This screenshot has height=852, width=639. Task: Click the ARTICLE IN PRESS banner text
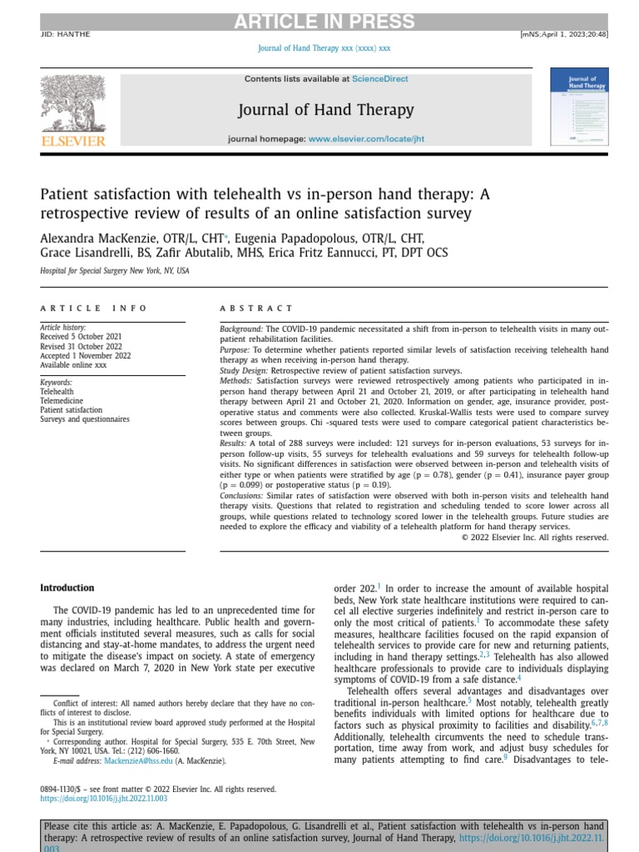(319, 22)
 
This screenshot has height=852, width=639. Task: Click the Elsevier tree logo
(73, 103)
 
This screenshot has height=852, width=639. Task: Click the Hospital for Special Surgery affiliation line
(115, 271)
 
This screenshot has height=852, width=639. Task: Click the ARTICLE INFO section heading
(94, 308)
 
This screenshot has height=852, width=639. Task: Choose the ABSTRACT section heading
(256, 308)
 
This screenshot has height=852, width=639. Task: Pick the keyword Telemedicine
(63, 400)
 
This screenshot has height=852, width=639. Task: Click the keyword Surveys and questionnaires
(85, 419)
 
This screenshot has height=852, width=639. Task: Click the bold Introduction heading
(67, 587)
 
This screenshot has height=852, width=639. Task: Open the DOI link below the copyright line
(104, 798)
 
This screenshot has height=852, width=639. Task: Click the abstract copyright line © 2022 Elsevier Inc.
(534, 537)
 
